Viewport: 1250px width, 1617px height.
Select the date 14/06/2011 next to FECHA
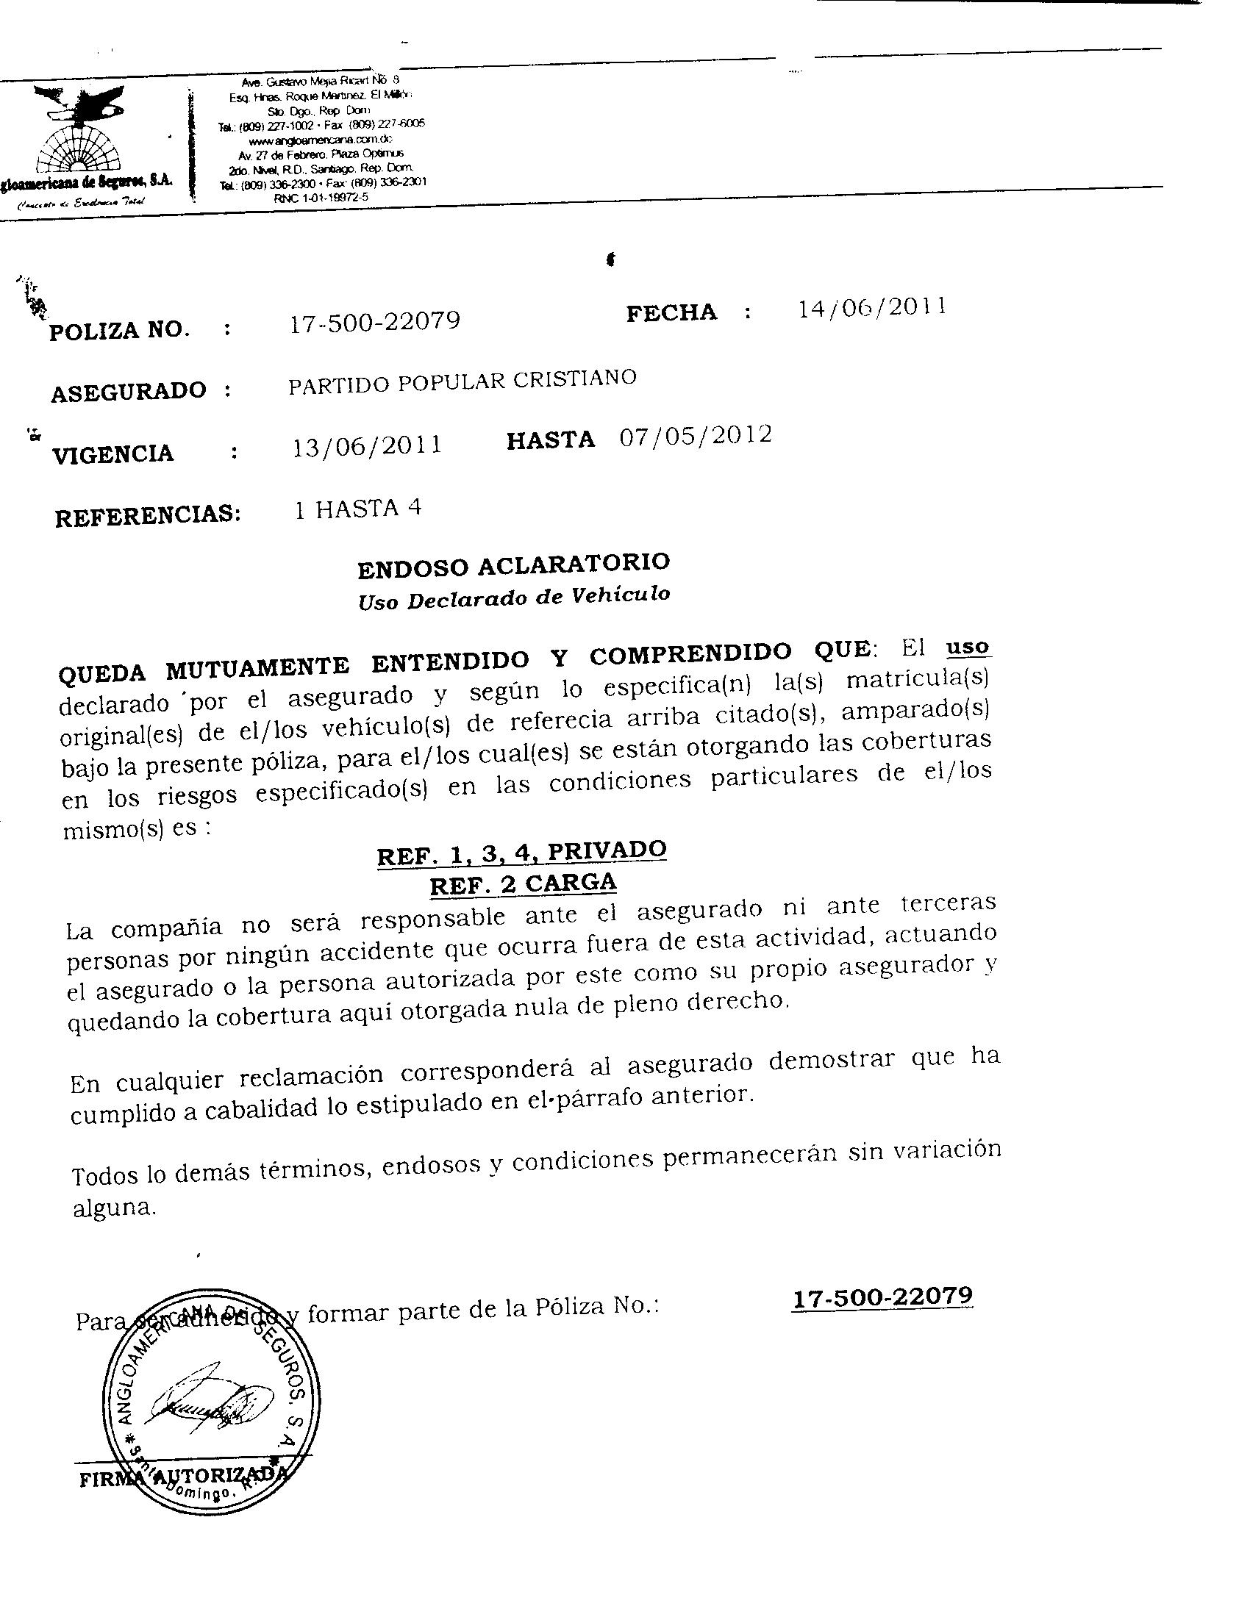click(x=871, y=307)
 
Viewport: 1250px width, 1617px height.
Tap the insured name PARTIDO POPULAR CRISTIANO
click(x=462, y=381)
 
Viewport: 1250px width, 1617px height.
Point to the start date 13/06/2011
click(x=368, y=445)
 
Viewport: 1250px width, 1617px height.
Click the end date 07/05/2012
click(x=696, y=435)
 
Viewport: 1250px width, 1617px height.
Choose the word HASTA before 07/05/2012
click(x=550, y=440)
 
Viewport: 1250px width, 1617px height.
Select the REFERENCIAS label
click(x=148, y=514)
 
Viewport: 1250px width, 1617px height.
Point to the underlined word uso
click(x=968, y=646)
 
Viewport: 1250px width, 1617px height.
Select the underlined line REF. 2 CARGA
click(x=523, y=884)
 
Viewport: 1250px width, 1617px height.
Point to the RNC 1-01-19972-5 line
click(x=321, y=198)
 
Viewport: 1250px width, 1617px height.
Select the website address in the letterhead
click(x=321, y=140)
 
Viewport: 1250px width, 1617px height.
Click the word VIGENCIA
click(x=113, y=453)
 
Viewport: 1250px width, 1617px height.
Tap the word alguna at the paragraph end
click(x=113, y=1208)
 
